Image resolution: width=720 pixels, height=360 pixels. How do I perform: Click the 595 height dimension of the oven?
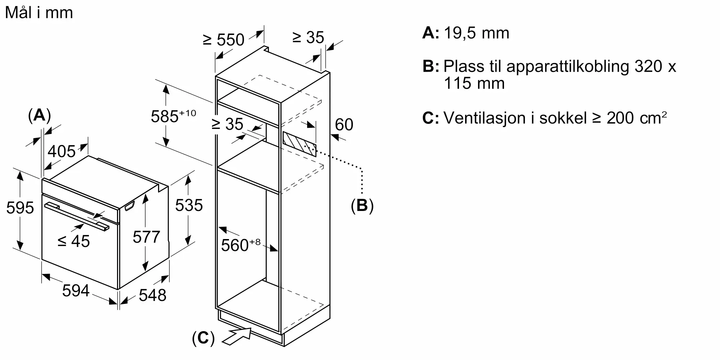coord(20,208)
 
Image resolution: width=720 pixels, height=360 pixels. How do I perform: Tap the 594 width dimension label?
coord(76,291)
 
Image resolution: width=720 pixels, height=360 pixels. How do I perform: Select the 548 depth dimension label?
coord(152,295)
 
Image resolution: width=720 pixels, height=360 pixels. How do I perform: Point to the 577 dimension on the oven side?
coord(146,237)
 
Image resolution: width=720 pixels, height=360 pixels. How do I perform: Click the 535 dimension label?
coord(189,205)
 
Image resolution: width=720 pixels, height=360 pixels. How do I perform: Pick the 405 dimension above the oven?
coord(62,151)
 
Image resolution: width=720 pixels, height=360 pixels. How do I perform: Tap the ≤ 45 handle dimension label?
coord(74,241)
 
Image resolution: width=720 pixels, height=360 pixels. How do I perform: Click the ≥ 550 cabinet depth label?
coord(224,40)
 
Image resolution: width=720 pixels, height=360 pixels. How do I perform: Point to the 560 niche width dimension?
coord(240,245)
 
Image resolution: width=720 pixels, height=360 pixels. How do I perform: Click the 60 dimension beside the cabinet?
coord(344,125)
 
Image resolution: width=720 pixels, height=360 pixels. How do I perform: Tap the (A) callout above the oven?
coord(39,115)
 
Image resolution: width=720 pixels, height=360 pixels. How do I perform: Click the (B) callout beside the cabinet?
coord(362,205)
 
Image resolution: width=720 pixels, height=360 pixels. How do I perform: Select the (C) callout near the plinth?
coord(203,338)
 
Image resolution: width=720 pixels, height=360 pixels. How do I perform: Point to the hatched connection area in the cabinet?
coord(300,144)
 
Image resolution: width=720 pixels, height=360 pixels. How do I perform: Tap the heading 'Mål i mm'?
coord(39,13)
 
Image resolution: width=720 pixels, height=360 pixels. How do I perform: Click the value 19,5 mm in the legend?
coord(477,33)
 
